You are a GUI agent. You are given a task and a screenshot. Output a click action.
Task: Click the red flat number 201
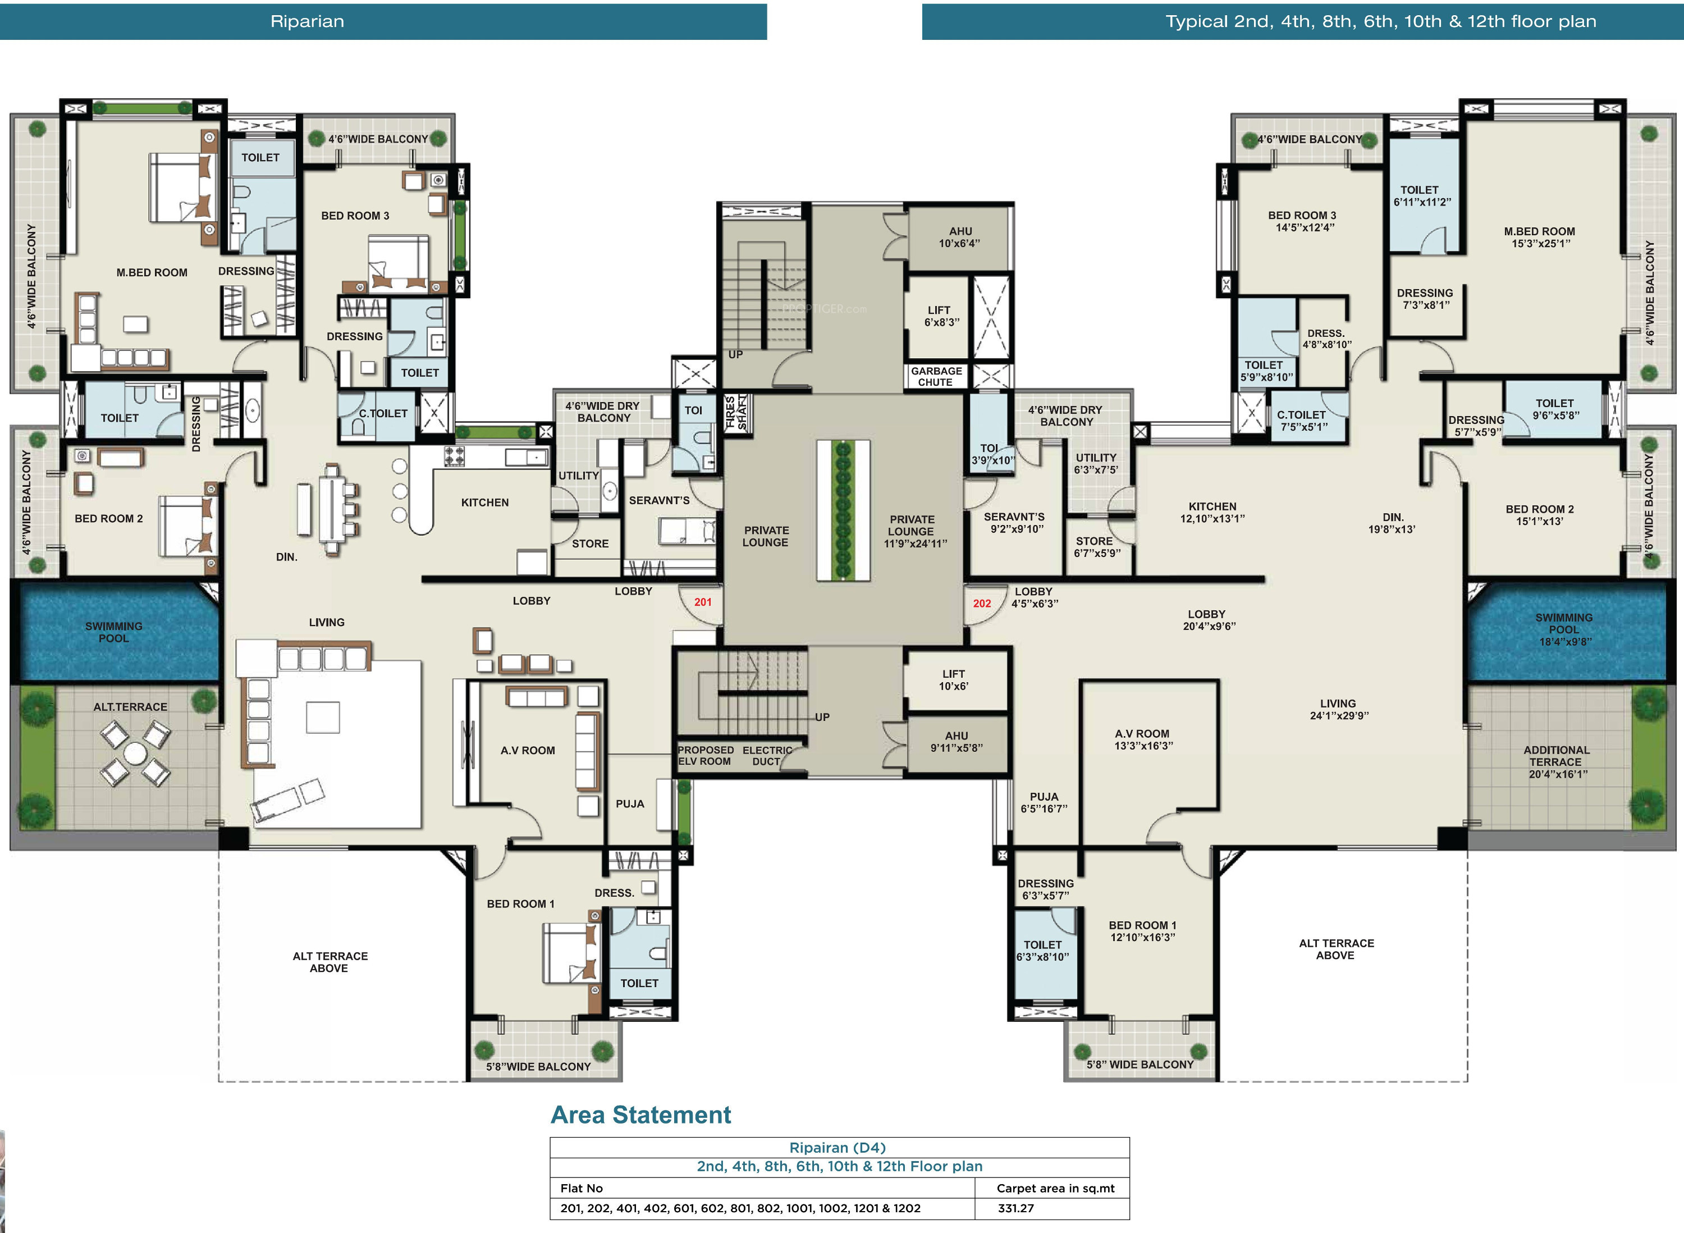(703, 601)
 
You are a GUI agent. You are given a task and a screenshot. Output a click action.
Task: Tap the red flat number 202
(982, 603)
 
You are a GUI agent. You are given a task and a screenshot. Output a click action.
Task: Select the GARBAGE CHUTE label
(936, 376)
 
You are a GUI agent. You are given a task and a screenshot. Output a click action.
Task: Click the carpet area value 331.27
(1015, 1208)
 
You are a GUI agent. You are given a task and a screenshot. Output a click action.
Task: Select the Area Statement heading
(641, 1115)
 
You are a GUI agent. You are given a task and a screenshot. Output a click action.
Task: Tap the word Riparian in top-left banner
(308, 21)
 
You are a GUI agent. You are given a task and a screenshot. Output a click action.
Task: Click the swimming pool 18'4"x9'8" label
(1564, 629)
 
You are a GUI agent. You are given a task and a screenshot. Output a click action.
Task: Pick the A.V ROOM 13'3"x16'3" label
(1143, 739)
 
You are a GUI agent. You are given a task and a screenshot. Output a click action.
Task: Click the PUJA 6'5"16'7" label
(1044, 802)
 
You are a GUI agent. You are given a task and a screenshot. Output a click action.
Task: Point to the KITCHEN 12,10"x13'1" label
(1212, 512)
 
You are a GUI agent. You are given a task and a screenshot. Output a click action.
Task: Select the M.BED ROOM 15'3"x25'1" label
(1539, 238)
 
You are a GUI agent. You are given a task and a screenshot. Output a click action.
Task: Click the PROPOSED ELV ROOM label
(705, 755)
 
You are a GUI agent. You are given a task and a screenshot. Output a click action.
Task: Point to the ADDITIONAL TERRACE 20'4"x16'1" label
(1557, 762)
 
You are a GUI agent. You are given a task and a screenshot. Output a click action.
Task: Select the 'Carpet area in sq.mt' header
(1055, 1188)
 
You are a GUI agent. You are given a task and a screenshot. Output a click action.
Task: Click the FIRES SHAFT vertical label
(736, 412)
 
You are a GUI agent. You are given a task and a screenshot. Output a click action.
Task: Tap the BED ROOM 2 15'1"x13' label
(1539, 515)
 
